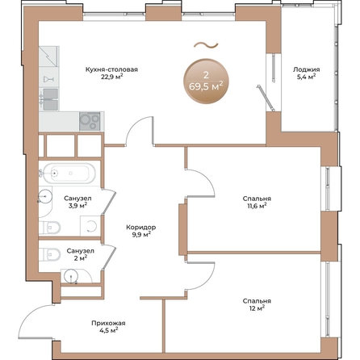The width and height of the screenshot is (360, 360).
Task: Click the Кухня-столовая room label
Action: [112, 69]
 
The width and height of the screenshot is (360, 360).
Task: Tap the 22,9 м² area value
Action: [112, 77]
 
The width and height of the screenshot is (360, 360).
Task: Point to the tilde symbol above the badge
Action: [206, 44]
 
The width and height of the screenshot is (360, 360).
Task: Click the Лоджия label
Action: [306, 69]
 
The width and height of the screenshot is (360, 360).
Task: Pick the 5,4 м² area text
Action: [306, 77]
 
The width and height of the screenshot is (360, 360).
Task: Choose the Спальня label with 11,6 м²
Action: [256, 199]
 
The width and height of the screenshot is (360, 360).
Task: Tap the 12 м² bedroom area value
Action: [256, 308]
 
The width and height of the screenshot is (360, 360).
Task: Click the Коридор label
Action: [141, 228]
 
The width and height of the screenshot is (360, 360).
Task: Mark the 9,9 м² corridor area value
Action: [141, 236]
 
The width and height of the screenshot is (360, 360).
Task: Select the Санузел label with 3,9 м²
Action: [77, 199]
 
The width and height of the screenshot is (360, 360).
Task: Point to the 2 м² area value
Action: [80, 258]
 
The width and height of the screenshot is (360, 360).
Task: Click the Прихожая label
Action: [106, 321]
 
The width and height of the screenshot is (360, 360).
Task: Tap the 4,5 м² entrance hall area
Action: [106, 329]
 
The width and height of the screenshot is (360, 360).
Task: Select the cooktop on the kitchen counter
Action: [88, 121]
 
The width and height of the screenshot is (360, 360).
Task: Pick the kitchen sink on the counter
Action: [50, 99]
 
